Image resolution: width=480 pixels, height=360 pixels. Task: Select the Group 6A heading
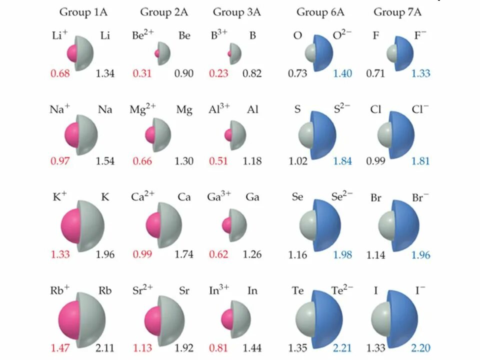tap(319, 12)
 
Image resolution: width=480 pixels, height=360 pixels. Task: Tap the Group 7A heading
tap(397, 12)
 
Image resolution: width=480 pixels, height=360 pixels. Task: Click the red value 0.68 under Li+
tap(60, 74)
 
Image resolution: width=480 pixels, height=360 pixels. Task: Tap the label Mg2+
tap(142, 109)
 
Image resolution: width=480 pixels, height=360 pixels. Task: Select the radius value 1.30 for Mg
tap(184, 161)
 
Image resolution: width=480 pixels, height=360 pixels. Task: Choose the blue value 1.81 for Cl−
tap(420, 161)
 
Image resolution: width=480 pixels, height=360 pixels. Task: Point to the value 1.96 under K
tap(105, 254)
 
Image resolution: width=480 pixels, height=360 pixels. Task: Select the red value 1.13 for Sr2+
tap(142, 348)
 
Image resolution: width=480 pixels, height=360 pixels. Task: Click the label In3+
tap(219, 290)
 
